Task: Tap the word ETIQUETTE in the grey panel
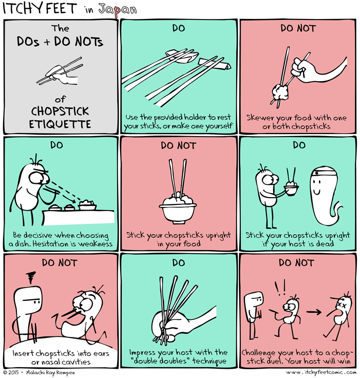pyautogui.click(x=61, y=124)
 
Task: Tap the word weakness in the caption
pyautogui.click(x=94, y=244)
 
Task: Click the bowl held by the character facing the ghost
pyautogui.click(x=291, y=190)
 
